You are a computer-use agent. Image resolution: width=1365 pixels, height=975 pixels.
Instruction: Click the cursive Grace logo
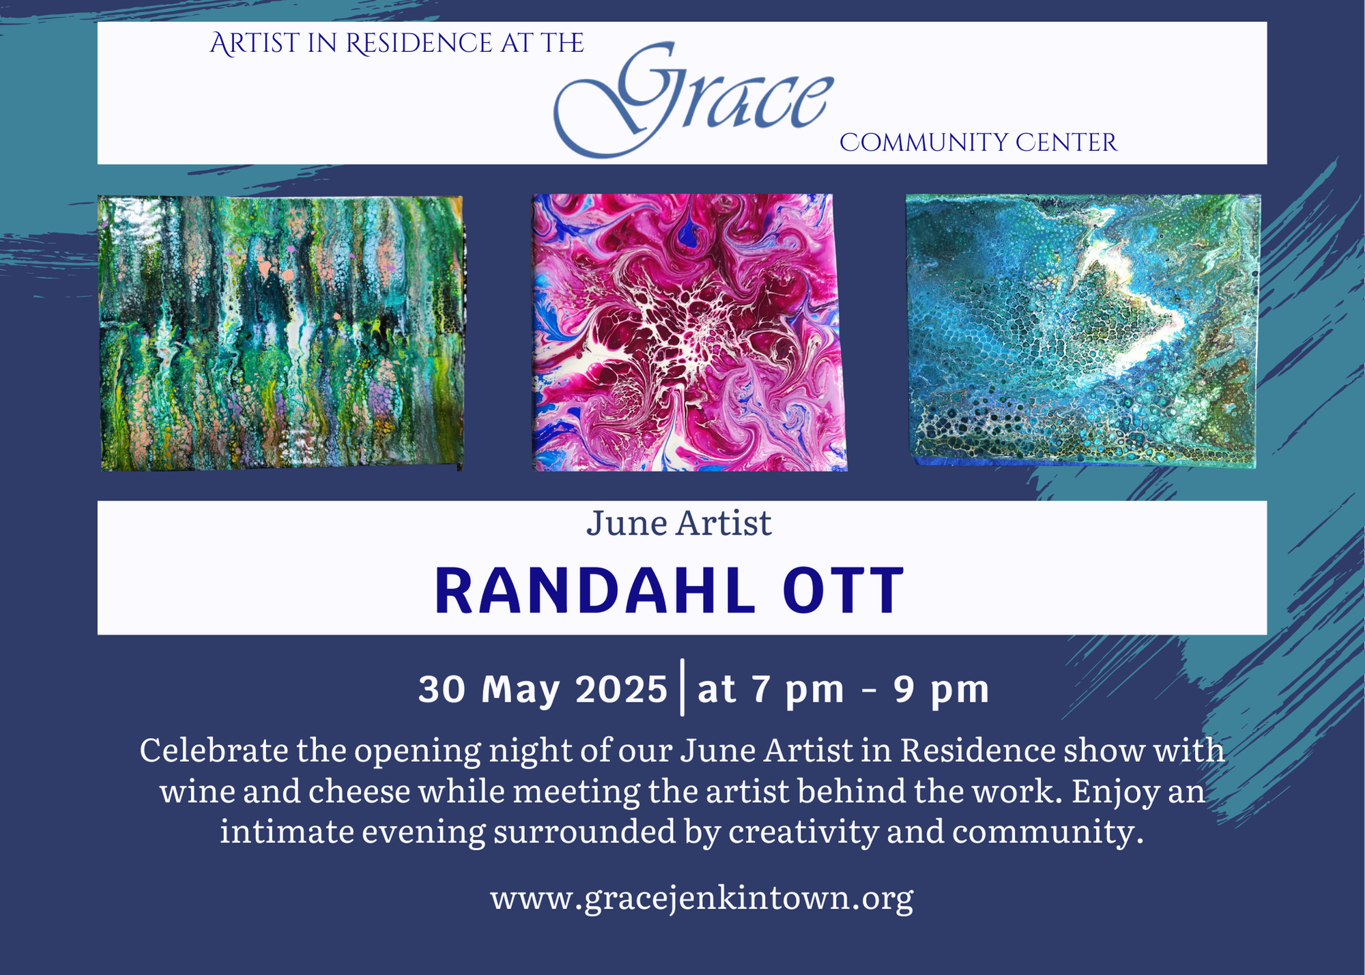click(x=693, y=99)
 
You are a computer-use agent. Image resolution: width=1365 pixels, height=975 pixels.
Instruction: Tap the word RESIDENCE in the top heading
click(x=418, y=44)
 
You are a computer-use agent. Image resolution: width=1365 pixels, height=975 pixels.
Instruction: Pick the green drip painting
click(x=281, y=333)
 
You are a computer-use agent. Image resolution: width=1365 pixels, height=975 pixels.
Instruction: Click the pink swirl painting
click(x=689, y=333)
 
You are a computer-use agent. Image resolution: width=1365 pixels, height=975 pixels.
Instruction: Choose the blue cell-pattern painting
click(x=1083, y=330)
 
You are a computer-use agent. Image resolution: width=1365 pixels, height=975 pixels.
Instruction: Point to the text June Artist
click(x=679, y=524)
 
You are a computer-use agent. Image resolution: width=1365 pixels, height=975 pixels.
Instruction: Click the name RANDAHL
click(x=595, y=591)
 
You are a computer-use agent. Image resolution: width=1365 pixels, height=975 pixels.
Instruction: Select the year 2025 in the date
click(x=621, y=689)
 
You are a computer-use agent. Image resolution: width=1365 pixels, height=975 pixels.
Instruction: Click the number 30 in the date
click(x=442, y=689)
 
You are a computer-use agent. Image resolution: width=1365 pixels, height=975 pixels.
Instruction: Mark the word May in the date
click(x=521, y=691)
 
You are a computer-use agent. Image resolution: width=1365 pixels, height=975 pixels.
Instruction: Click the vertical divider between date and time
click(x=682, y=687)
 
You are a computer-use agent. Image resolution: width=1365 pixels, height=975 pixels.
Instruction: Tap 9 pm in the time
click(x=942, y=690)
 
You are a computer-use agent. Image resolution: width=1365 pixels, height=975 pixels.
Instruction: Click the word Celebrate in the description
click(x=214, y=750)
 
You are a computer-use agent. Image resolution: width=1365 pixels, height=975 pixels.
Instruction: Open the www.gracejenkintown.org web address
click(x=702, y=899)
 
